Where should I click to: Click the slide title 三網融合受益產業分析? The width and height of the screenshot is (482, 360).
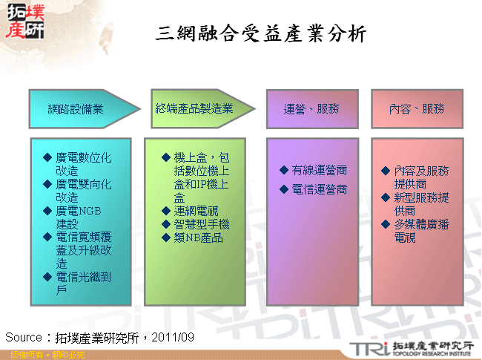pos(262,34)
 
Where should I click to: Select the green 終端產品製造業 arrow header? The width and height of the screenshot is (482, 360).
pos(195,109)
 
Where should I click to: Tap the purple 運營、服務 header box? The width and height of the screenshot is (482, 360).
pos(311,109)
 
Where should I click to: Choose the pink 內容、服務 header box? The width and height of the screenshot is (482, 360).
pos(417,109)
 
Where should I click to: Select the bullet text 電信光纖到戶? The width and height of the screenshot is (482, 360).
pos(83,284)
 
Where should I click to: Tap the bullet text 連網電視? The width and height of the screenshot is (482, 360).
pos(196,212)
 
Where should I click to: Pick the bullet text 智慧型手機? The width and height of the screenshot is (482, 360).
pos(202,225)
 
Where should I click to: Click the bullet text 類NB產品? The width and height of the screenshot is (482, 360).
pos(198,238)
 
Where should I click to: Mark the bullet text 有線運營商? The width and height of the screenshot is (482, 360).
pos(320,171)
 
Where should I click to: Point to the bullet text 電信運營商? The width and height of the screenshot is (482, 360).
pos(320,190)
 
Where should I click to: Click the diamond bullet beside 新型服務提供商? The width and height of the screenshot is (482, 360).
pos(386,197)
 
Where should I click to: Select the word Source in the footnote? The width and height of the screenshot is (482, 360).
pos(23,337)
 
